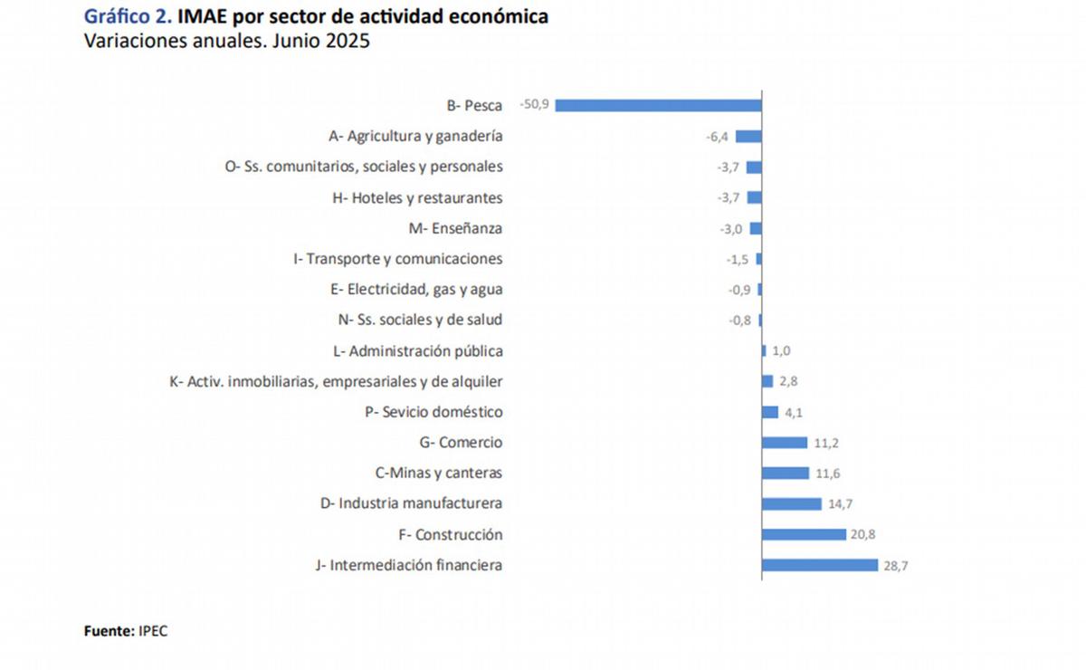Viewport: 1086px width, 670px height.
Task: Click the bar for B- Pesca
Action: pyautogui.click(x=658, y=105)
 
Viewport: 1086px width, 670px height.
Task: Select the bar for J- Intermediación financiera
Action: pyautogui.click(x=820, y=565)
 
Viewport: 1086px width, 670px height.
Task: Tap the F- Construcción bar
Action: pyautogui.click(x=804, y=534)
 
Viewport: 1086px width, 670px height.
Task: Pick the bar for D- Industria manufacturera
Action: pyautogui.click(x=792, y=503)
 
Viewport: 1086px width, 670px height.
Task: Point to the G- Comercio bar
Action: pyautogui.click(x=785, y=443)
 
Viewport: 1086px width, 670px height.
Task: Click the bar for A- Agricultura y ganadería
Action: pyautogui.click(x=748, y=136)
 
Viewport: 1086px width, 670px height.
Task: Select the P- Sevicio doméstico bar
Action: pyautogui.click(x=770, y=412)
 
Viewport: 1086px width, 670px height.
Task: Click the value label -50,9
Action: pyautogui.click(x=534, y=105)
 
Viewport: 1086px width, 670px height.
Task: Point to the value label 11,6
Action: pyautogui.click(x=825, y=474)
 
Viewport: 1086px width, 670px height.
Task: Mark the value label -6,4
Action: pyautogui.click(x=718, y=137)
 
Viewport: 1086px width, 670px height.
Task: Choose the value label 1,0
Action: pyautogui.click(x=781, y=351)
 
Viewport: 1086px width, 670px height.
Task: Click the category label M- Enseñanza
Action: pyautogui.click(x=455, y=228)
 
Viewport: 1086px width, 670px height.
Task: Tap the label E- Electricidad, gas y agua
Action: pyautogui.click(x=417, y=290)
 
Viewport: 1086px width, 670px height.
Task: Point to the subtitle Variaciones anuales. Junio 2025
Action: pyautogui.click(x=227, y=42)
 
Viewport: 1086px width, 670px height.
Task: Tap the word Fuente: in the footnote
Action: pyautogui.click(x=110, y=631)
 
